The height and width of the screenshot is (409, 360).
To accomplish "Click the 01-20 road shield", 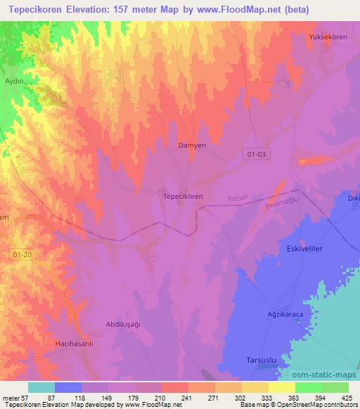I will pos(22,254).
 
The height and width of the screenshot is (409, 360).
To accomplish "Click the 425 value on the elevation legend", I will pos(347,398).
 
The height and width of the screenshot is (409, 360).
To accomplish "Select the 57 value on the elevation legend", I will pos(27,398).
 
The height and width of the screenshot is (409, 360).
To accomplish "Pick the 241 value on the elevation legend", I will pos(187,398).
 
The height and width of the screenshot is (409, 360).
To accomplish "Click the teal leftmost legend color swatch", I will pos(41,387).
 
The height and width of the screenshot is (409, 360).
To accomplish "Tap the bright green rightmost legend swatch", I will pos(335,387).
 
